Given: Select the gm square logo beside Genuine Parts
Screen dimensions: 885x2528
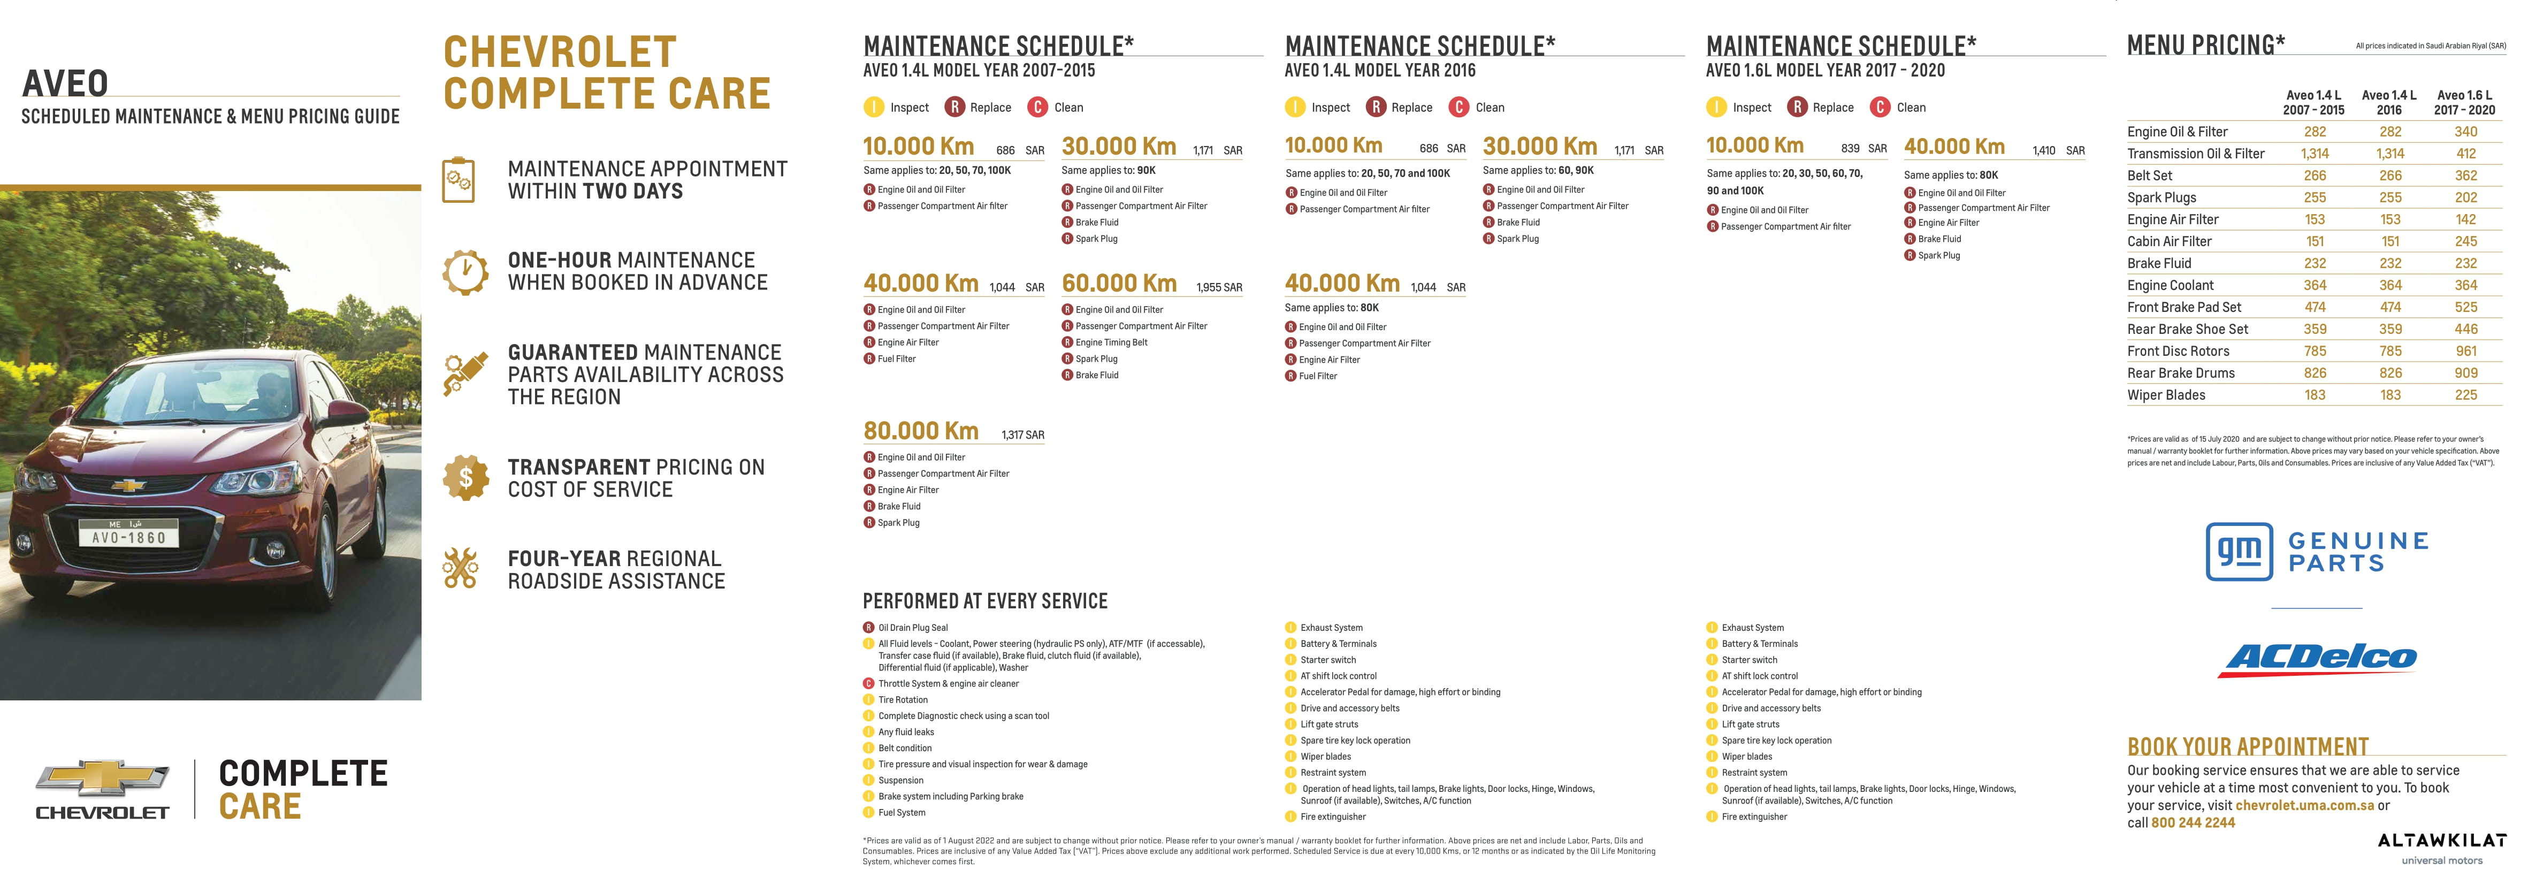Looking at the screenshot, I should tap(2239, 552).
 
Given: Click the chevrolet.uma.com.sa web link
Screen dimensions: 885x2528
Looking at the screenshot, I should tap(2304, 805).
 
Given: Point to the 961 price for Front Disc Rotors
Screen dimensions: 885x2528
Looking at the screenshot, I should tap(2465, 351).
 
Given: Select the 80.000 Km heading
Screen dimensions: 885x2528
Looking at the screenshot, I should tap(921, 431).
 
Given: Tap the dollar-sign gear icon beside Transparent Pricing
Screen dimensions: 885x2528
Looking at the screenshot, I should tap(465, 478).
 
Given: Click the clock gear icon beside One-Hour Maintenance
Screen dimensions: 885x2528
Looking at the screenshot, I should tap(465, 272).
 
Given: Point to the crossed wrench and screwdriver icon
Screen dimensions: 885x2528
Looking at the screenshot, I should tap(460, 568).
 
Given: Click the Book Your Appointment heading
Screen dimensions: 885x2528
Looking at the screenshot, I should tap(2247, 746).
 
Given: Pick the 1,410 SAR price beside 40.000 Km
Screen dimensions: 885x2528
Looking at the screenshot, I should tap(2058, 151).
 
